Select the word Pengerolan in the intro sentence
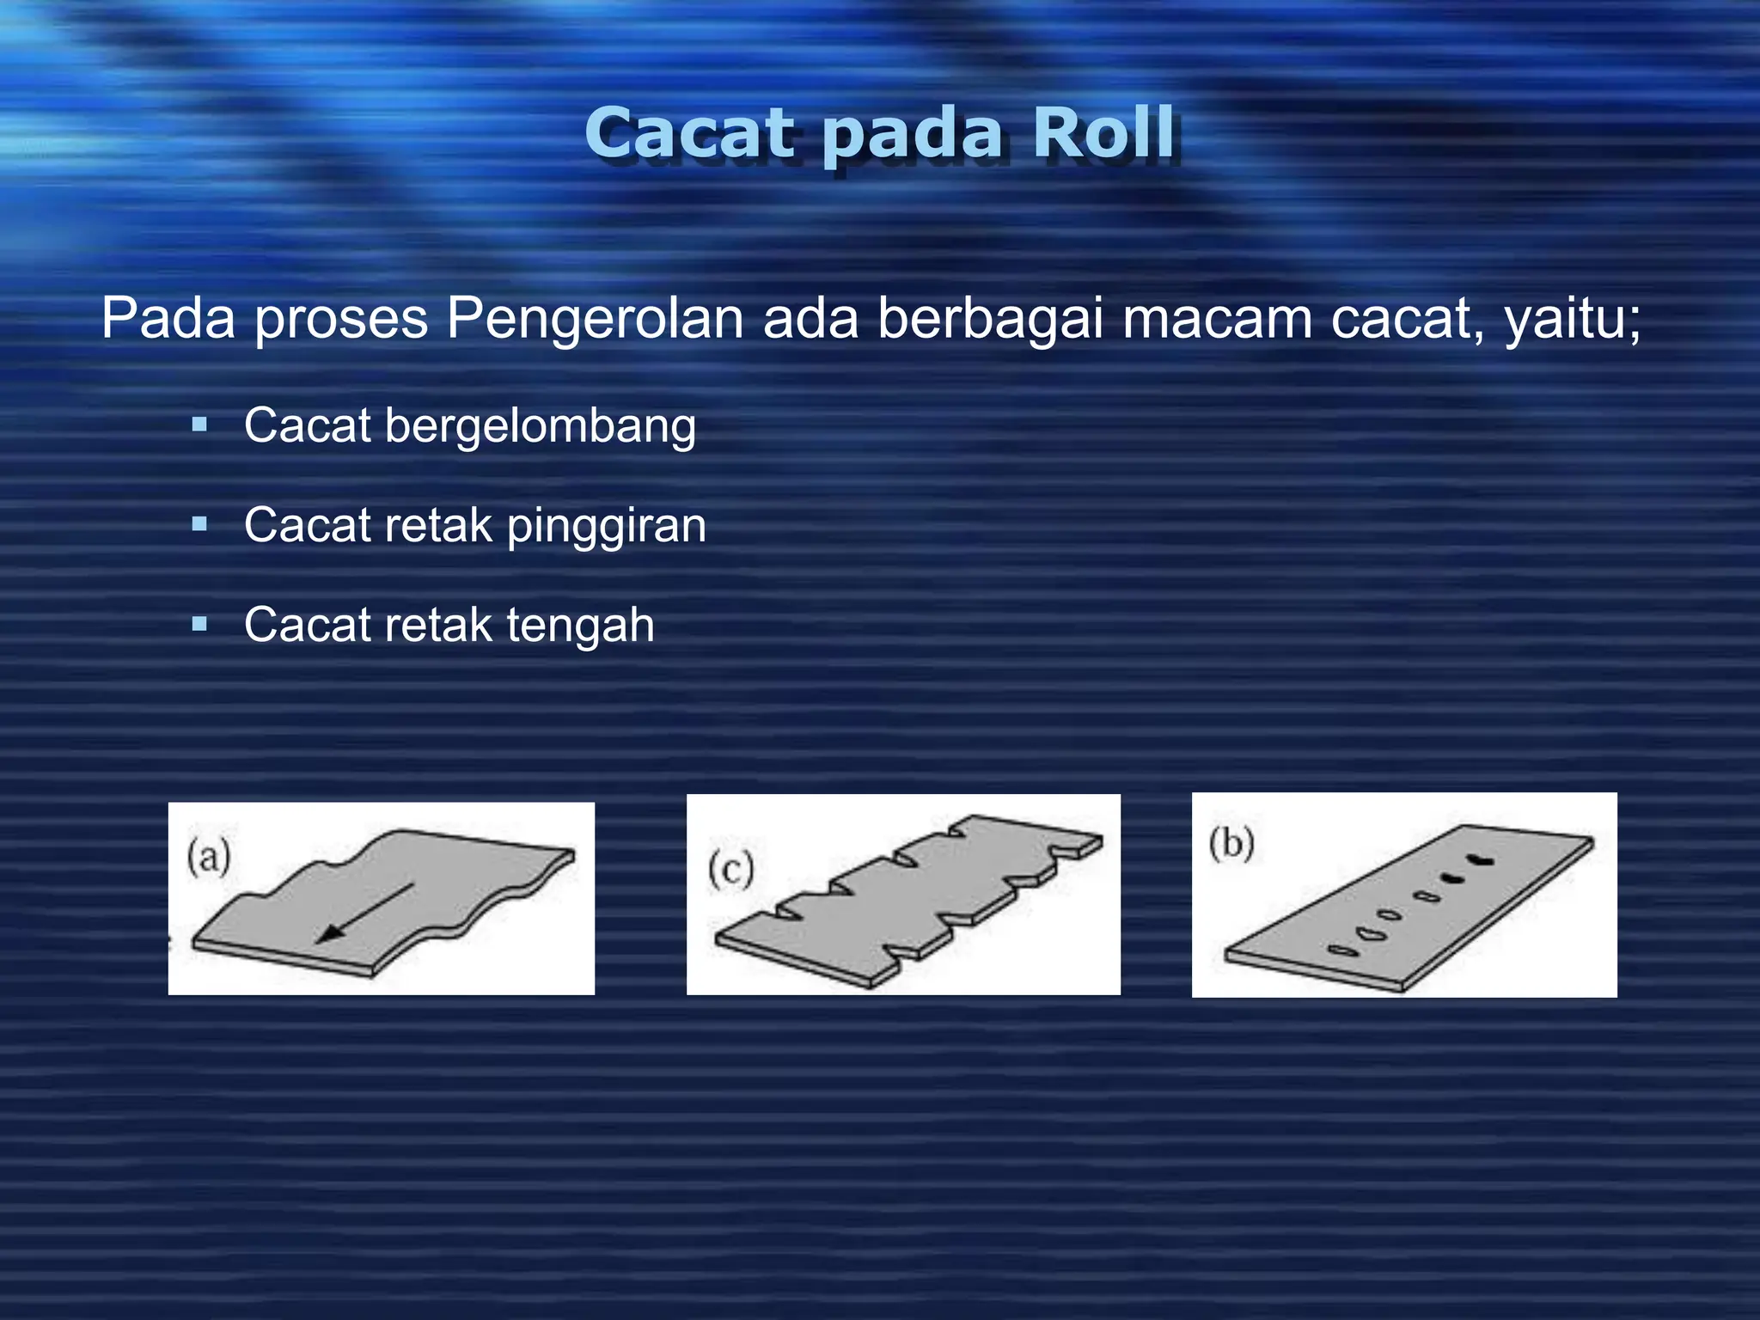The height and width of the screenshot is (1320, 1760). pyautogui.click(x=595, y=318)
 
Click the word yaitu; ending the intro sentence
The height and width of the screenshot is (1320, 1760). pyautogui.click(x=1572, y=318)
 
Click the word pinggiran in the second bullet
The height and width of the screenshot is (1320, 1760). pyautogui.click(x=606, y=526)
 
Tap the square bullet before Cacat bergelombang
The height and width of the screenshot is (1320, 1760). pyautogui.click(x=199, y=424)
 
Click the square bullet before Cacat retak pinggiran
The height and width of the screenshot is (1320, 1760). pyautogui.click(x=199, y=523)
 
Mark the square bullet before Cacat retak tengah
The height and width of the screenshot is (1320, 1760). pyautogui.click(x=199, y=624)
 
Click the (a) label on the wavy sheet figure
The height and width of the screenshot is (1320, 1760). pyautogui.click(x=209, y=857)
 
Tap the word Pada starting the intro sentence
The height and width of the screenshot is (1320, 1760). pyautogui.click(x=168, y=318)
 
